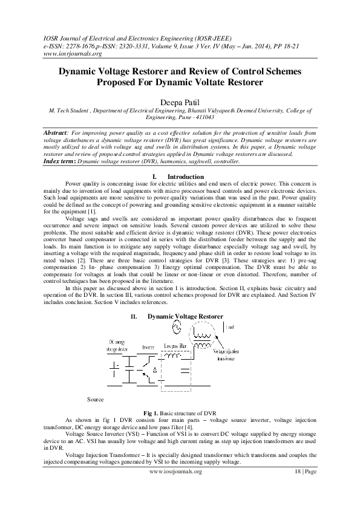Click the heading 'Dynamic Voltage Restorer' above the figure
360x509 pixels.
tap(185, 316)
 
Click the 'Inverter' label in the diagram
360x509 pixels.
tap(149, 348)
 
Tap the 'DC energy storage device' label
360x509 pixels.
tap(117, 346)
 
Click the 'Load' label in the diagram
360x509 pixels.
tap(230, 327)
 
